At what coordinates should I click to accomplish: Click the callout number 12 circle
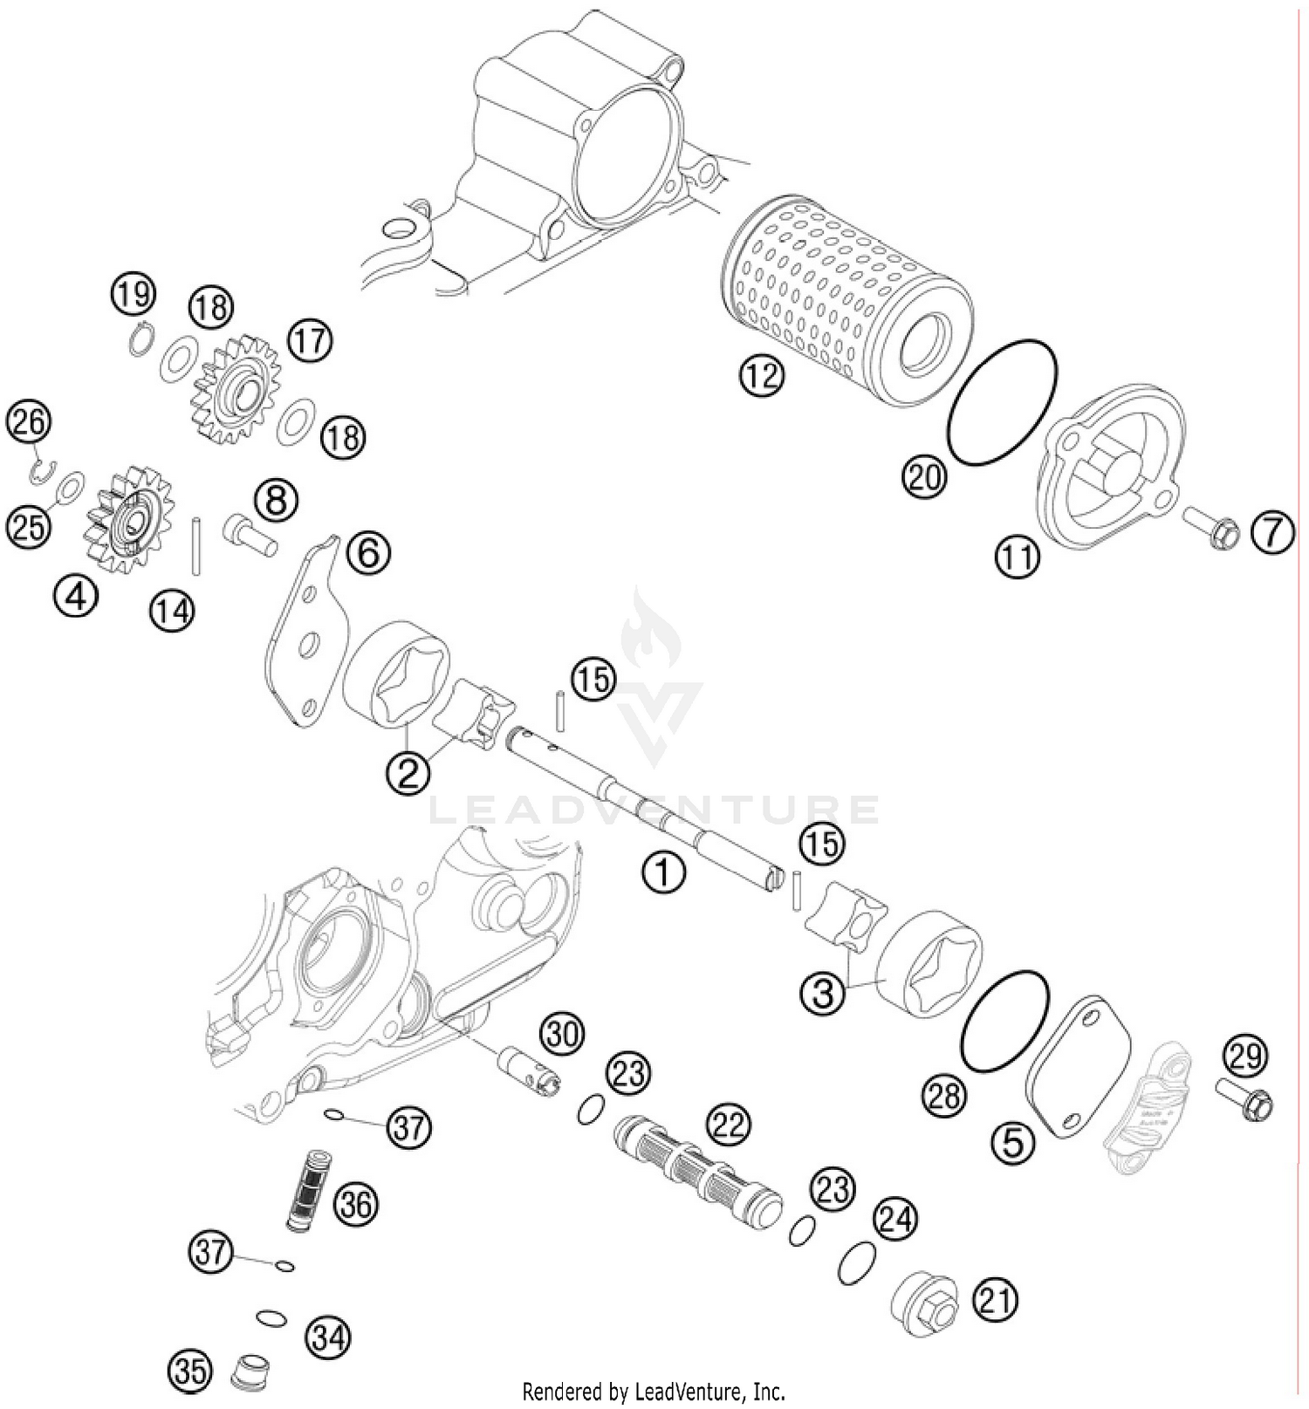click(762, 376)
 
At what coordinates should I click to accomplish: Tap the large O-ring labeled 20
click(1003, 401)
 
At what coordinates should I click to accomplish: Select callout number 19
click(133, 295)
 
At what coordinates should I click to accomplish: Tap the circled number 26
click(29, 422)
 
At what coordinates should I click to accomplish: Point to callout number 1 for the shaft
click(663, 872)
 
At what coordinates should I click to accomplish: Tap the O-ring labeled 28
click(1004, 1019)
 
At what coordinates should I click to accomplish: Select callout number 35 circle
click(191, 1371)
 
